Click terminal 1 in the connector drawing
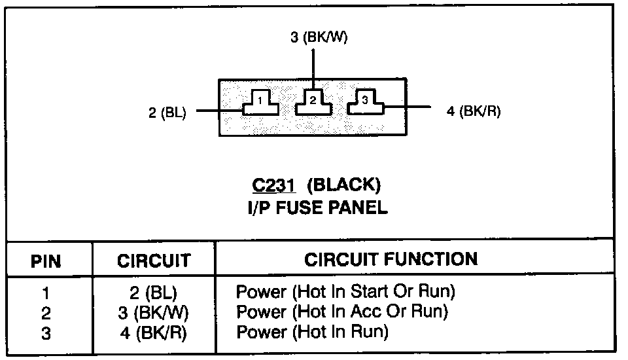coord(261,103)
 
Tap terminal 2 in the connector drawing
coord(313,102)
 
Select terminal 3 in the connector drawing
coord(365,101)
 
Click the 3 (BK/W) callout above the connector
coord(319,37)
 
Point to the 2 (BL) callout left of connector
coord(167,113)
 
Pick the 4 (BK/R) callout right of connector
coord(474,111)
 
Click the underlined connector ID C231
coord(274,185)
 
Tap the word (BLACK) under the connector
coord(344,185)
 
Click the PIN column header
coord(46,262)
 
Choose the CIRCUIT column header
coord(154,261)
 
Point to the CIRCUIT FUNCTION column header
coord(391,259)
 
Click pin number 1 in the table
coord(46,293)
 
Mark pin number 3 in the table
coord(46,333)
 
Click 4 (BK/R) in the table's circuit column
coord(154,333)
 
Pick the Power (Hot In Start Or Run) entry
coord(345,291)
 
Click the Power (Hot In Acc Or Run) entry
coord(341,311)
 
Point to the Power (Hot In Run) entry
coord(312,332)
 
